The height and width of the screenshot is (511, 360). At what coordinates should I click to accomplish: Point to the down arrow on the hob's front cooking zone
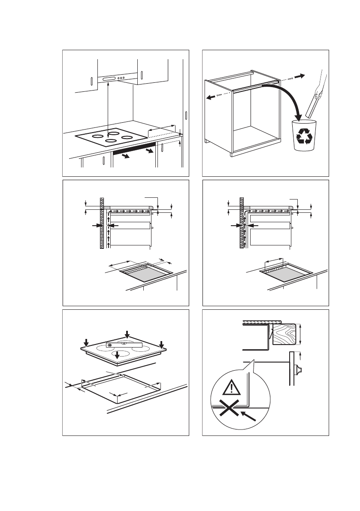pyautogui.click(x=117, y=354)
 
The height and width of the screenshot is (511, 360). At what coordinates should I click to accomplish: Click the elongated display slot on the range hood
pyautogui.click(x=109, y=79)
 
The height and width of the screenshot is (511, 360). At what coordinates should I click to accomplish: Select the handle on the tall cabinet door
pyautogui.click(x=186, y=116)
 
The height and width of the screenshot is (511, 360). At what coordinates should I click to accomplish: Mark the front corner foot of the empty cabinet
pyautogui.click(x=233, y=153)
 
